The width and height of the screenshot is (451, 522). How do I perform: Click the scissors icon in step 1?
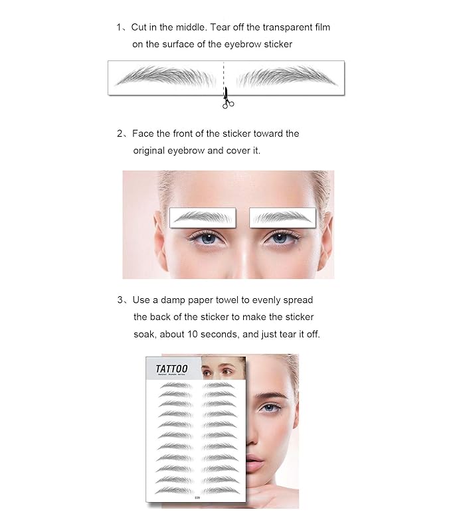point(226,98)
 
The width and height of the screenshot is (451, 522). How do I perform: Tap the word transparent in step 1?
point(269,27)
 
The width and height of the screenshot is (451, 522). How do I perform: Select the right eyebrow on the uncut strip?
point(286,77)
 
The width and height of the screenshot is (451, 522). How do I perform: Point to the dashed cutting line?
point(224,74)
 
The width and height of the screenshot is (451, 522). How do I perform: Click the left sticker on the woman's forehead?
point(203,217)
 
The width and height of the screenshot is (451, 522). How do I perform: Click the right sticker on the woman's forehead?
point(282,217)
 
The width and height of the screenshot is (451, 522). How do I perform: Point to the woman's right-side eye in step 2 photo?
point(280,237)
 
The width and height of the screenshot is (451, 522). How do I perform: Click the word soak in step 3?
point(143,334)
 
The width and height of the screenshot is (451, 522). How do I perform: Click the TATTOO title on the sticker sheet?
point(171,369)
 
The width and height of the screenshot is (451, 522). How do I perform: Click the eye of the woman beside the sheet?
point(269,406)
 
